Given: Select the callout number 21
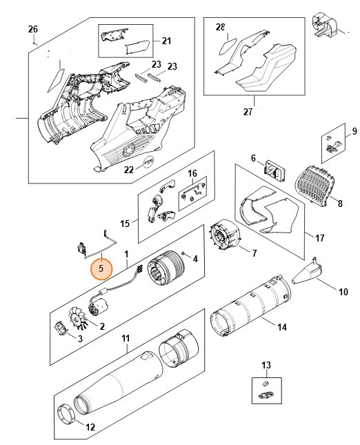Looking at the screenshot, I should pyautogui.click(x=166, y=41).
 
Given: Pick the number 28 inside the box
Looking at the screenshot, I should pyautogui.click(x=220, y=28).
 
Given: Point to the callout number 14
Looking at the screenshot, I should pyautogui.click(x=281, y=328).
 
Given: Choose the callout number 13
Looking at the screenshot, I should pyautogui.click(x=266, y=365).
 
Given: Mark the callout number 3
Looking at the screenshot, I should pyautogui.click(x=79, y=339).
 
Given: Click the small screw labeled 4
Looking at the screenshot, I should pyautogui.click(x=186, y=257).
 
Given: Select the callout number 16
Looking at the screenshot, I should pyautogui.click(x=192, y=173).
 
